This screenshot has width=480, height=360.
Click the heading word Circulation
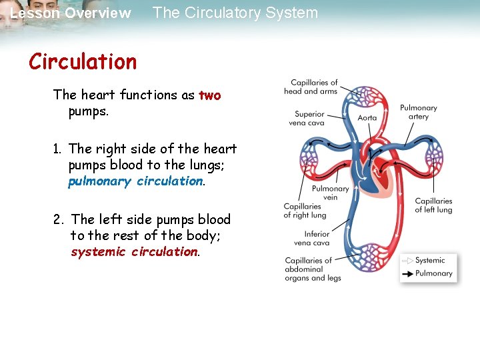click(83, 62)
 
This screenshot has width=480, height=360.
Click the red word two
click(209, 95)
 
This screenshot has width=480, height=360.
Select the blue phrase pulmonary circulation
click(136, 181)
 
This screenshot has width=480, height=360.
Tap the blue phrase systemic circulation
click(135, 252)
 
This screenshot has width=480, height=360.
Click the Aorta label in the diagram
click(367, 118)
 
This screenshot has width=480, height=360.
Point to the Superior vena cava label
click(309, 118)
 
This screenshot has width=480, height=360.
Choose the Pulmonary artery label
click(418, 112)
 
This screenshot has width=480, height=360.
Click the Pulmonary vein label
click(331, 193)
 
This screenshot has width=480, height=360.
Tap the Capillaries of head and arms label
click(311, 87)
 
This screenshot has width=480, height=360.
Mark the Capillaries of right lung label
click(305, 211)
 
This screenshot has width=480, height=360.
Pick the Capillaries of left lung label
click(433, 205)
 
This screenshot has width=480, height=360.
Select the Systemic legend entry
click(430, 261)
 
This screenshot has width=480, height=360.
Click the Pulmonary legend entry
click(433, 273)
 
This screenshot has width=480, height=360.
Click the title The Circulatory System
click(235, 13)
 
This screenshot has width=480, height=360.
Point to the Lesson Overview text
click(71, 13)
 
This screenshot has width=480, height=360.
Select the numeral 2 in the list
click(59, 219)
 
